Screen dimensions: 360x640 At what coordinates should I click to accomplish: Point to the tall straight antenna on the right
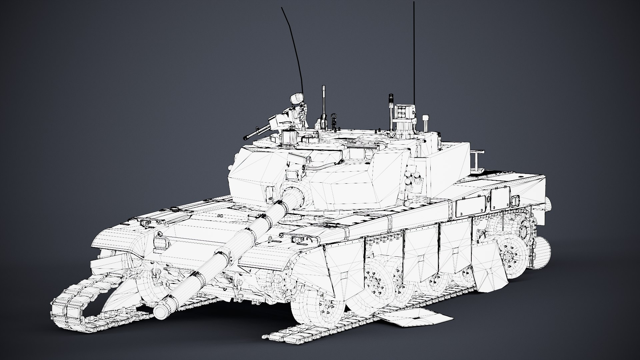[414, 50]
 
